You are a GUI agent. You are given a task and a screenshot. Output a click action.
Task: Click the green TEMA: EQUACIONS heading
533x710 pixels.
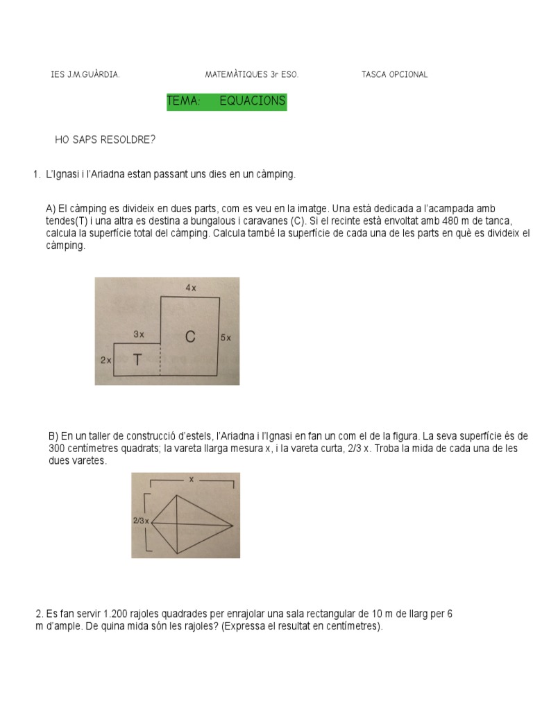click(x=226, y=101)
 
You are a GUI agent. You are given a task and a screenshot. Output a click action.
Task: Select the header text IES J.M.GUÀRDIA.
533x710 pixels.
click(x=85, y=75)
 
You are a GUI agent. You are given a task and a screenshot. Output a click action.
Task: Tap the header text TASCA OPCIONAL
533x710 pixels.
click(x=394, y=75)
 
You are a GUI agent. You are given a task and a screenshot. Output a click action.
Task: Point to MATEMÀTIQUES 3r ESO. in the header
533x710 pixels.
click(x=252, y=75)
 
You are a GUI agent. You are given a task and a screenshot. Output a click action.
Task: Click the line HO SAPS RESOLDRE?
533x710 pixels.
click(x=105, y=140)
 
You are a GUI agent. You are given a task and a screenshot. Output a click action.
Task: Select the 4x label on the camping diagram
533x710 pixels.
click(x=190, y=287)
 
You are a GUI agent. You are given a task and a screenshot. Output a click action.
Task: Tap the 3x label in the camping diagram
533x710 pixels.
click(x=139, y=334)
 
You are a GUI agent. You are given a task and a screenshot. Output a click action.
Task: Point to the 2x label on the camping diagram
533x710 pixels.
click(x=105, y=361)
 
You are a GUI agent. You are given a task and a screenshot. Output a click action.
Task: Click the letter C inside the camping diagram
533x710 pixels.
click(x=190, y=337)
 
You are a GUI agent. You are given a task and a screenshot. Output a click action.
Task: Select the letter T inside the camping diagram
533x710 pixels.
click(x=137, y=361)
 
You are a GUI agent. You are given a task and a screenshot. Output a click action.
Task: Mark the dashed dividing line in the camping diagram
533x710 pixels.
click(x=160, y=359)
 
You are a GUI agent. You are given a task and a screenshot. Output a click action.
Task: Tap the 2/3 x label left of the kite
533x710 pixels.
click(x=140, y=519)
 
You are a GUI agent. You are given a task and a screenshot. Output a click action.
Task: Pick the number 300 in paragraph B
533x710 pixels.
click(x=58, y=449)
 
